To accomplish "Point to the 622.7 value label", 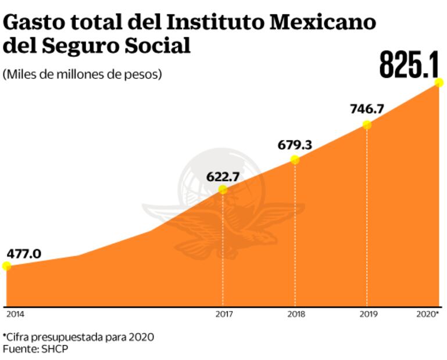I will tap(223, 177).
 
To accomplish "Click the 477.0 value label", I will tap(24, 254).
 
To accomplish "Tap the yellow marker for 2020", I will tap(439, 83).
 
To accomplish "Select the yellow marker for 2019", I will tap(367, 124).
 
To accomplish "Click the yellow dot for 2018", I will tap(295, 160).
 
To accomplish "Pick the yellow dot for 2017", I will tap(223, 190).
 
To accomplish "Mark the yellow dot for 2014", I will tap(6, 266).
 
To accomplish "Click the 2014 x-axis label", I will tap(16, 314).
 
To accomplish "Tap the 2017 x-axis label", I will tap(224, 314).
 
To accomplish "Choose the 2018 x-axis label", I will tap(296, 314).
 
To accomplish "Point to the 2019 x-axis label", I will tap(368, 314).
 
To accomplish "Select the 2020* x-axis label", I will tap(428, 314).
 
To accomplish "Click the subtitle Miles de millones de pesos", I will tap(82, 74).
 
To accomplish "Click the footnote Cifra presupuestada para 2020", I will tap(79, 337).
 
